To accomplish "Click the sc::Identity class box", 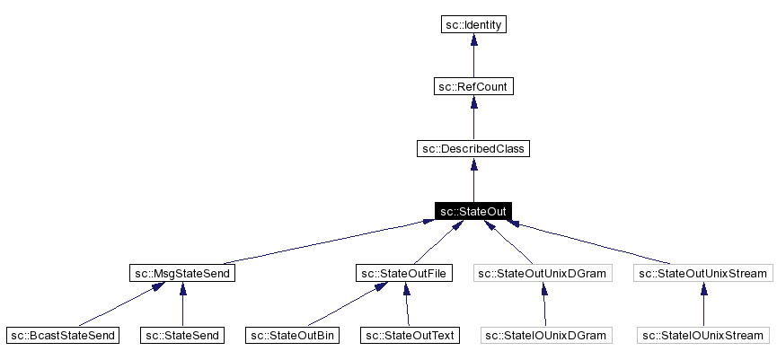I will click(473, 24).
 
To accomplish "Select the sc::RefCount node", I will click(473, 86).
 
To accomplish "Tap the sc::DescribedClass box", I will click(473, 148).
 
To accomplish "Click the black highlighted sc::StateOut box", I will click(473, 211).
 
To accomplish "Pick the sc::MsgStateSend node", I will click(182, 273).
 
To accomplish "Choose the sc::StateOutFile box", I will click(404, 273).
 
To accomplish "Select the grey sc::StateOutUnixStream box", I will click(702, 273).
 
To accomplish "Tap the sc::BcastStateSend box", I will click(62, 335).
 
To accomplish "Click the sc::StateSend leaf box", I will click(182, 335).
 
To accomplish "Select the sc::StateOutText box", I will click(410, 335).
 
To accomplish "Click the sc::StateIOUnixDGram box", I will click(545, 335).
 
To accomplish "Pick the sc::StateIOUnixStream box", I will click(702, 335).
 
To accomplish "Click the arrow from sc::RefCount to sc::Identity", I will click(473, 56).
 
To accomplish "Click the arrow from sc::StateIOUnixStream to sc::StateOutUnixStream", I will click(702, 304).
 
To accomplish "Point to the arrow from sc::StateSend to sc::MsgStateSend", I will click(182, 304).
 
